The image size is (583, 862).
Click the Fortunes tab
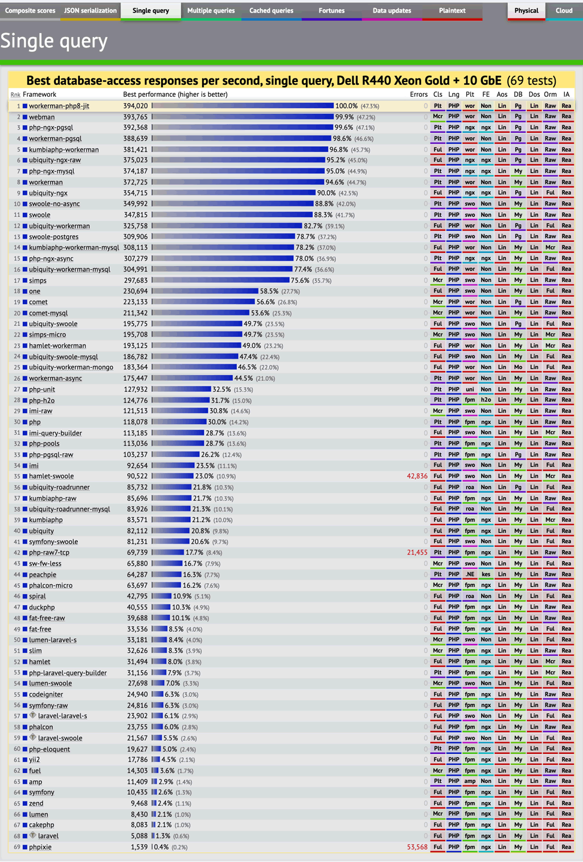pos(331,11)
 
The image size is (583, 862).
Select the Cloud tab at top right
pos(564,11)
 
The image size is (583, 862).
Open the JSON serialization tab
pos(90,11)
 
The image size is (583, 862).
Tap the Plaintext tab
pos(452,11)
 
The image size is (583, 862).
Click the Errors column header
pos(418,95)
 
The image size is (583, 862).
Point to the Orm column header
pos(550,95)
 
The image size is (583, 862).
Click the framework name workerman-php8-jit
pos(59,106)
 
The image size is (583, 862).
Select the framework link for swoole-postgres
pos(54,237)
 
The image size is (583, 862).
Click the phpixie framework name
pos(40,847)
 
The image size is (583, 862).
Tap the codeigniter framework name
pos(46,695)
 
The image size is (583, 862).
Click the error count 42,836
pos(417,477)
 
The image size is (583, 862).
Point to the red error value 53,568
pos(417,847)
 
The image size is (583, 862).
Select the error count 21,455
pos(417,553)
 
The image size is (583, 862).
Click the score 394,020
pos(136,106)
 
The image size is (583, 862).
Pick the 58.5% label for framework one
pos(269,292)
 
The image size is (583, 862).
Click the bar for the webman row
pos(243,117)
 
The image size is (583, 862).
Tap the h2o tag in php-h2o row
pos(486,400)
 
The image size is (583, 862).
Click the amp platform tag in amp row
pos(470,782)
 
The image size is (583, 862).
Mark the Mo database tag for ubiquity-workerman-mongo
pos(518,367)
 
